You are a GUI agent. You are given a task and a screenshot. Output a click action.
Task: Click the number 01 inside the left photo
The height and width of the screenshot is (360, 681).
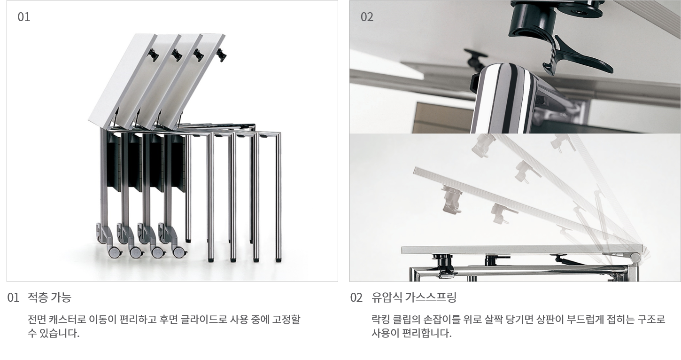(24, 17)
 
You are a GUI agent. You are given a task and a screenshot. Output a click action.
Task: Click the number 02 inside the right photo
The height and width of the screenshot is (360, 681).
(367, 17)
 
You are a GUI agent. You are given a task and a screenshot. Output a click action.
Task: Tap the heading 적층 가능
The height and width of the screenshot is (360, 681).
(49, 297)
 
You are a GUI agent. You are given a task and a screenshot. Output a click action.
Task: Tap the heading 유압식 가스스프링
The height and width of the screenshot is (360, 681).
(414, 297)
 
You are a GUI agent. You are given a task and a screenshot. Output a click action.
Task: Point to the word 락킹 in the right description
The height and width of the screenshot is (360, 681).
(380, 319)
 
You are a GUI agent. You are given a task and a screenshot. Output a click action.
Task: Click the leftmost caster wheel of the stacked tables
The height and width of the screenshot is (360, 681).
(114, 252)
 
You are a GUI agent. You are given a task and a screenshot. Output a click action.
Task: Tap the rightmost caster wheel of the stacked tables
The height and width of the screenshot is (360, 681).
(179, 252)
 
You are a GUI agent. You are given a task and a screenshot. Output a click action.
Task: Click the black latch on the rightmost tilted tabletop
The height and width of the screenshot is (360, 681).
(221, 55)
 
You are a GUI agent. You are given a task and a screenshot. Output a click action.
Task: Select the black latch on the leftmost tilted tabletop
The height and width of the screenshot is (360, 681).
(153, 55)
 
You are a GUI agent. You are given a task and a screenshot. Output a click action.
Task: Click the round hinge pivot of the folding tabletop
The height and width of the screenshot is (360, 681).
(635, 258)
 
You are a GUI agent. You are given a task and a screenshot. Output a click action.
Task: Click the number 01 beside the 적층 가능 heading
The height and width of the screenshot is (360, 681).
(13, 297)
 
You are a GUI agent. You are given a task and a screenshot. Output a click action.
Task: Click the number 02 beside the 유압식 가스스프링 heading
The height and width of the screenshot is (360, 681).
(356, 297)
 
